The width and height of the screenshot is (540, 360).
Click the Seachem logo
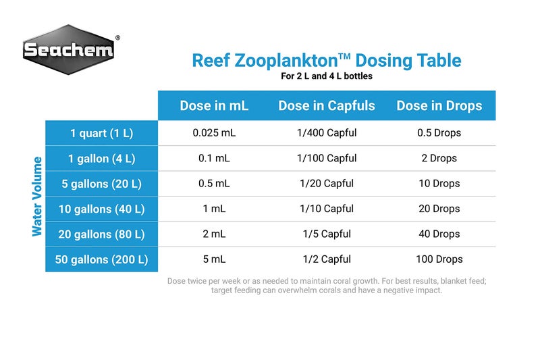[67, 49]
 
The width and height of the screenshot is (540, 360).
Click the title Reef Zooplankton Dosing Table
[327, 60]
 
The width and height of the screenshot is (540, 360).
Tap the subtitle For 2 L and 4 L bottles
[327, 76]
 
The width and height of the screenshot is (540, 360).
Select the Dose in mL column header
[214, 105]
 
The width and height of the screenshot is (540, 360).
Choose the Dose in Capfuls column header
[327, 105]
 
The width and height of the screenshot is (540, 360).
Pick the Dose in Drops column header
[439, 105]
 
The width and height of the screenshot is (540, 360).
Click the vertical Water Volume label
[37, 197]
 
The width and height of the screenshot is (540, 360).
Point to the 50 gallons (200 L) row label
[102, 259]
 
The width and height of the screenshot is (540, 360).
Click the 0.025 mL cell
[214, 133]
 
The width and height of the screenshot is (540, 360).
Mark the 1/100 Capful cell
[327, 158]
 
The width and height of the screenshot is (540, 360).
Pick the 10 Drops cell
[439, 184]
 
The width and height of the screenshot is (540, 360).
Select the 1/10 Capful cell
[327, 209]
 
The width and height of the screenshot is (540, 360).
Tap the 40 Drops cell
[439, 234]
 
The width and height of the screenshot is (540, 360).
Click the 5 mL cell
[214, 259]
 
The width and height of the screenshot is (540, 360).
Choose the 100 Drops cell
[439, 259]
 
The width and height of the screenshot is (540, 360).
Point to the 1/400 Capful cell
[327, 133]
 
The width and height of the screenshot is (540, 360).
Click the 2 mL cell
[214, 234]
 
